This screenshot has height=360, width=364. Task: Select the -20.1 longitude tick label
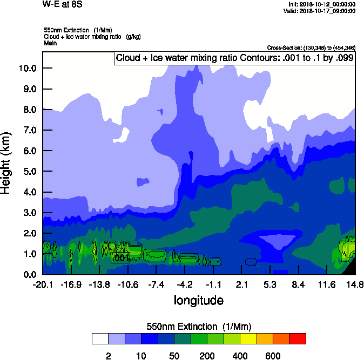[x=42, y=284]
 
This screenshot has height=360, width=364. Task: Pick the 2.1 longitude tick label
[x=242, y=284]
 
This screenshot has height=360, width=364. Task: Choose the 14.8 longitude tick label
[x=355, y=284]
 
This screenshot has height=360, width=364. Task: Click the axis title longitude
[x=198, y=300]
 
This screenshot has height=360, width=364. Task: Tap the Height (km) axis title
[x=7, y=162]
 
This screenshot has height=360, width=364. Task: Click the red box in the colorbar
[x=297, y=339]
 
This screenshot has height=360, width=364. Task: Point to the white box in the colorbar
[x=100, y=339]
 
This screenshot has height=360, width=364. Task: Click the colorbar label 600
[x=273, y=356]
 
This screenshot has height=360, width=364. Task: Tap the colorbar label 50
[x=174, y=356]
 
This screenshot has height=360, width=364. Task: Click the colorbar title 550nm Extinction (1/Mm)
[x=198, y=327]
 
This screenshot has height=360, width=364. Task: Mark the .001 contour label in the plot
[x=120, y=258]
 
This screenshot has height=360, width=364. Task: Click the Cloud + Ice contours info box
[x=234, y=58]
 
